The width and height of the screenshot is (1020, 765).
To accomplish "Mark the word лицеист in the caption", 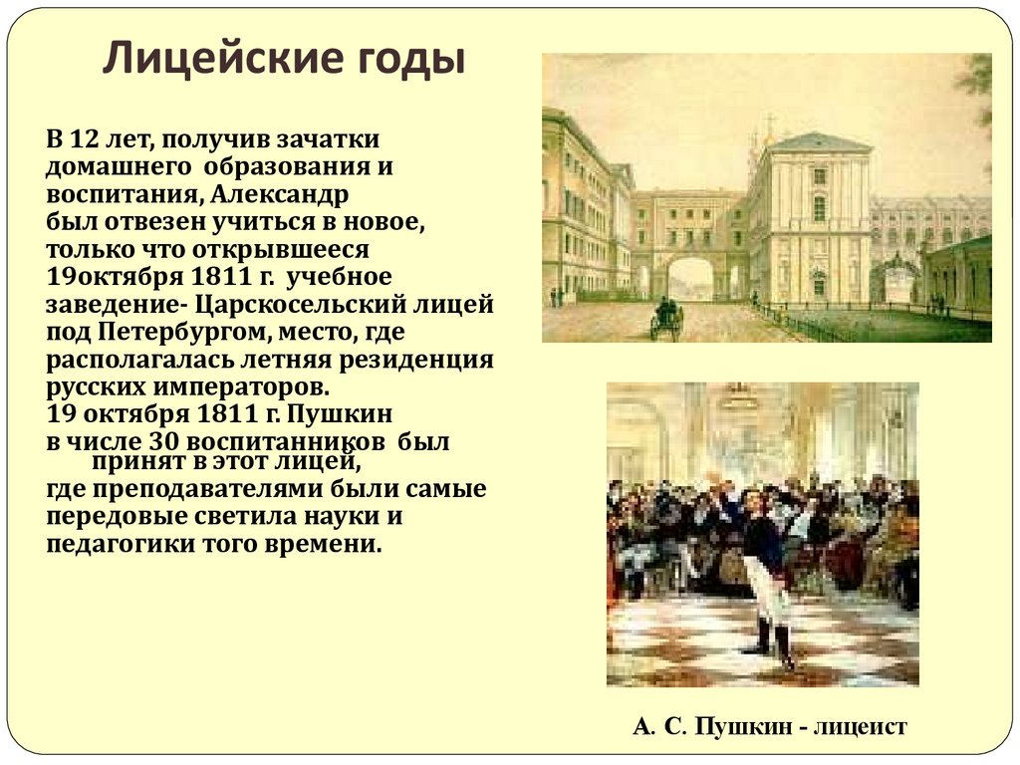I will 860,727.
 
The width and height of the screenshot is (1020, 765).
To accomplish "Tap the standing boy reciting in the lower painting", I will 764,568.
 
